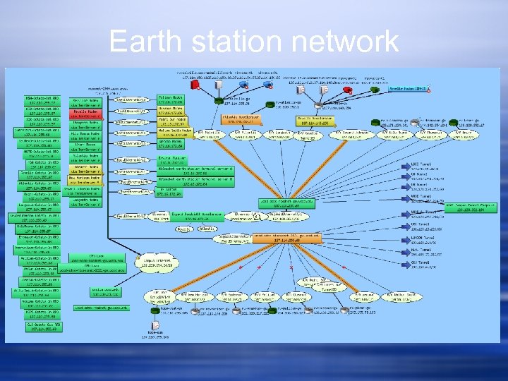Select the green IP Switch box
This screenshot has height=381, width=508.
click(169, 190)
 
